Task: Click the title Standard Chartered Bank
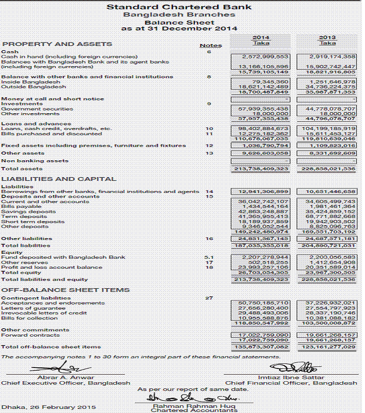point(179,7)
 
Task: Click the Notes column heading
point(210,46)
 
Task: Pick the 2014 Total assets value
point(261,168)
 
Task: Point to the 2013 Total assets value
point(328,168)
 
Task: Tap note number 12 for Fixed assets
point(209,146)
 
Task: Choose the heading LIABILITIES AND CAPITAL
point(59,179)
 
